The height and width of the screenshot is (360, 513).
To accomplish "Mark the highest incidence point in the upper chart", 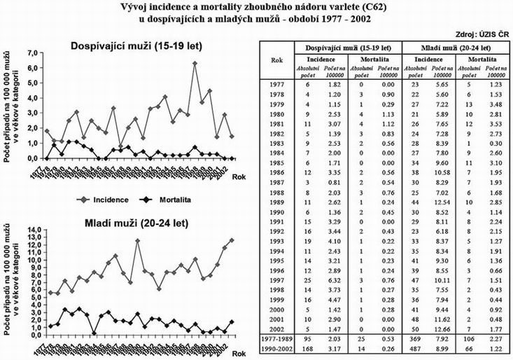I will point(195,64).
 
